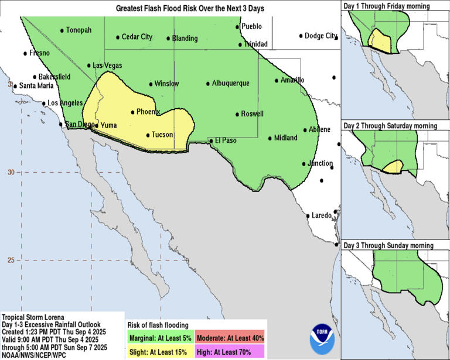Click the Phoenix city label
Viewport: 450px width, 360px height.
pyautogui.click(x=148, y=112)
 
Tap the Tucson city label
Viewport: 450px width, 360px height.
pyautogui.click(x=162, y=135)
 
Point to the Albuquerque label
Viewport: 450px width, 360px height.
pyautogui.click(x=230, y=83)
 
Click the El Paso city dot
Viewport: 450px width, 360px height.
pyautogui.click(x=212, y=140)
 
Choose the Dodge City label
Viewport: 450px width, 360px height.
pyautogui.click(x=321, y=36)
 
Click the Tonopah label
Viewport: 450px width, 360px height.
pyautogui.click(x=79, y=30)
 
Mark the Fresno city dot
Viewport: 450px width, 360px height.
pyautogui.click(x=25, y=53)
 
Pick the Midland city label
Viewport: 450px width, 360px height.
pyautogui.click(x=286, y=138)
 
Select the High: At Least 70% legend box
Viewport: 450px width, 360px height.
pyautogui.click(x=230, y=351)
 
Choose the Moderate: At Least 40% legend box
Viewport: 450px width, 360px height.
pyautogui.click(x=230, y=337)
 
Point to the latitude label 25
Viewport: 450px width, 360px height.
pyautogui.click(x=10, y=260)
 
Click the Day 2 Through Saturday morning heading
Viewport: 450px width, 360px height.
pyautogui.click(x=390, y=126)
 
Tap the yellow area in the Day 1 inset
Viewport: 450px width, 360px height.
pyautogui.click(x=381, y=42)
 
